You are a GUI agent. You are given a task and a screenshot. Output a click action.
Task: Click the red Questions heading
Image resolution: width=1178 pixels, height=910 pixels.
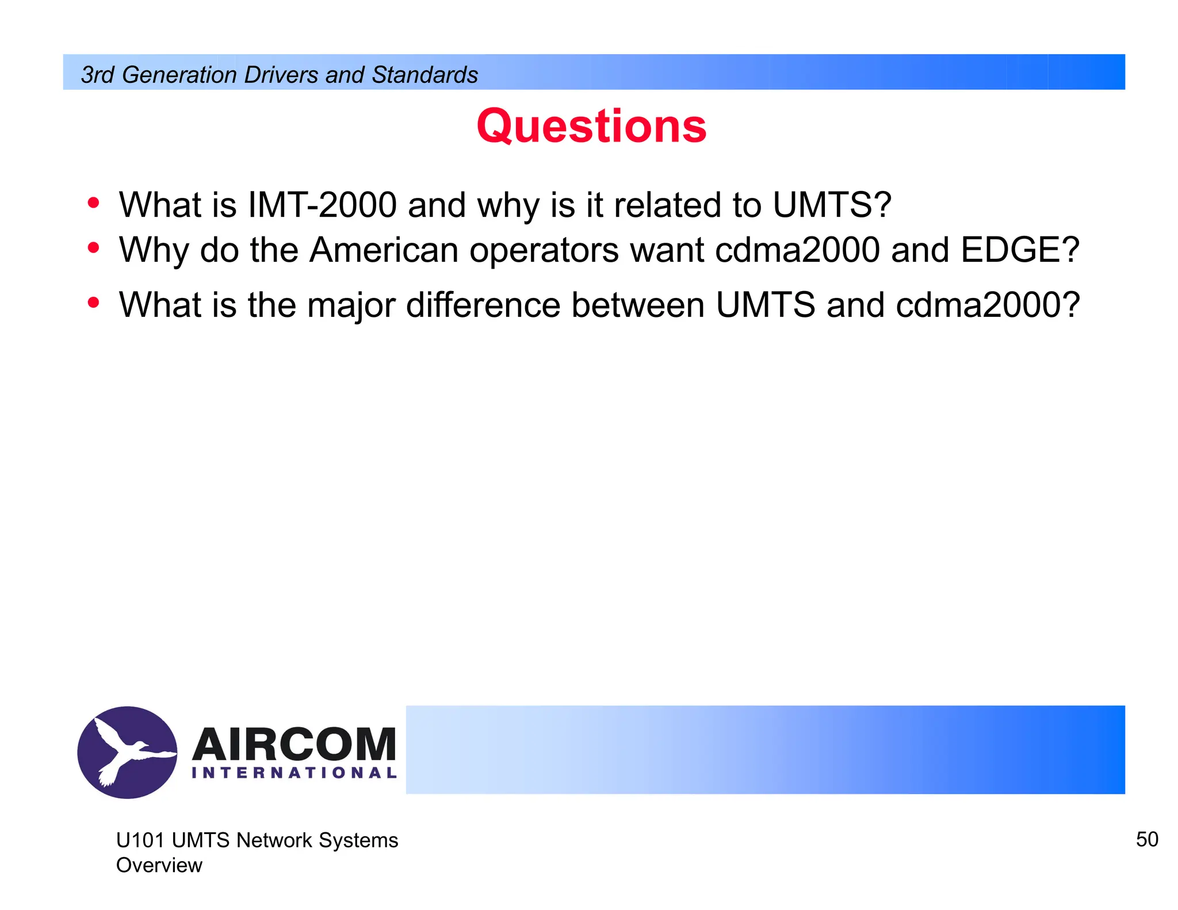coord(591,126)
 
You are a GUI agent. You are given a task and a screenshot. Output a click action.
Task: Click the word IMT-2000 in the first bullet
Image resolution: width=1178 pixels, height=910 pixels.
coord(322,205)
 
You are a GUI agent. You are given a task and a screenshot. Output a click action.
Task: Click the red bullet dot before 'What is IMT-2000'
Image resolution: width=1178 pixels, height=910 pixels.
coord(93,203)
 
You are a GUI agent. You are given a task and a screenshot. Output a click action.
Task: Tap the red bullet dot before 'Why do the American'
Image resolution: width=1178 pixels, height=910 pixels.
coord(93,248)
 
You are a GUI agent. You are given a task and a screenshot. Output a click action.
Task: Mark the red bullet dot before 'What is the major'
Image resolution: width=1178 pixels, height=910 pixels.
coord(93,303)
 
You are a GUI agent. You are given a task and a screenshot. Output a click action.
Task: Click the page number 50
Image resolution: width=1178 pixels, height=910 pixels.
coord(1146,839)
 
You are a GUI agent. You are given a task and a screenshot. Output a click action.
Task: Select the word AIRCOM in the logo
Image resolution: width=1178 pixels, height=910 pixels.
coord(294,744)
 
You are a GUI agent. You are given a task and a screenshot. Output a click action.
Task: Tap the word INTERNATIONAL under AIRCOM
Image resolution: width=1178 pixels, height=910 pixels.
coord(294,773)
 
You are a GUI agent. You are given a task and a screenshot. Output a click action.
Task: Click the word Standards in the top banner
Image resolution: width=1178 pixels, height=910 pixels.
coord(424,75)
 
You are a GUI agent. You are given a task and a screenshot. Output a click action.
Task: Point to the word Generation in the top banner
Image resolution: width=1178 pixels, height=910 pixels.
coord(179,75)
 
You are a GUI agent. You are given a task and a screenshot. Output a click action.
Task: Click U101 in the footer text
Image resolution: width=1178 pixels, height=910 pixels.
coord(140,840)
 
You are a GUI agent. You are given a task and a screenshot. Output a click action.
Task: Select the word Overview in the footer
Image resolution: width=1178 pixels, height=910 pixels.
coord(159,865)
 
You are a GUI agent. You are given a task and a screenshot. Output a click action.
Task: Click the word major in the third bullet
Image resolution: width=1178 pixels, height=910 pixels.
coord(351,305)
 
